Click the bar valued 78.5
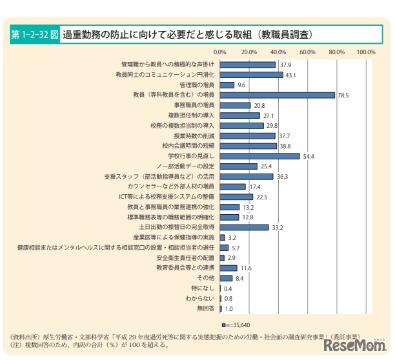tap(278, 95)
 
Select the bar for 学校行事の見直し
tap(260, 156)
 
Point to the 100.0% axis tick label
tap(366, 52)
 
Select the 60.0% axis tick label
tap(307, 52)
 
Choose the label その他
tap(206, 278)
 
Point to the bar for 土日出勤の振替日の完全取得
tap(244, 227)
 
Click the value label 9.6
tap(242, 85)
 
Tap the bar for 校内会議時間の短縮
tap(248, 146)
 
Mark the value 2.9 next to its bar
tap(232, 257)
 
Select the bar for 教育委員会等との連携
tap(228, 268)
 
